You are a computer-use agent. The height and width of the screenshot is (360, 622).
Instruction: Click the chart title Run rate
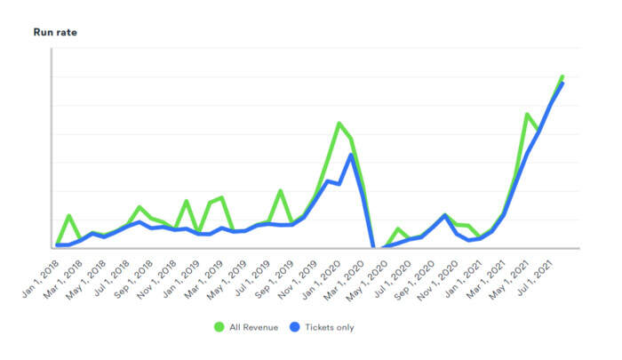click(x=55, y=32)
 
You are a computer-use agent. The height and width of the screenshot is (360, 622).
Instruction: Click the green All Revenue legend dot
click(x=219, y=327)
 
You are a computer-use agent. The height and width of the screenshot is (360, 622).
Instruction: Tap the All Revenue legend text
click(x=253, y=327)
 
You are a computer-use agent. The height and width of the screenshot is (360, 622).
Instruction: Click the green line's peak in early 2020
click(x=339, y=123)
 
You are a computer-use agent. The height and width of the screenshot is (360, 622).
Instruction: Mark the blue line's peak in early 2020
click(x=352, y=155)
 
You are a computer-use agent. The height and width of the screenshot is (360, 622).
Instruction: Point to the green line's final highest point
click(x=562, y=76)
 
